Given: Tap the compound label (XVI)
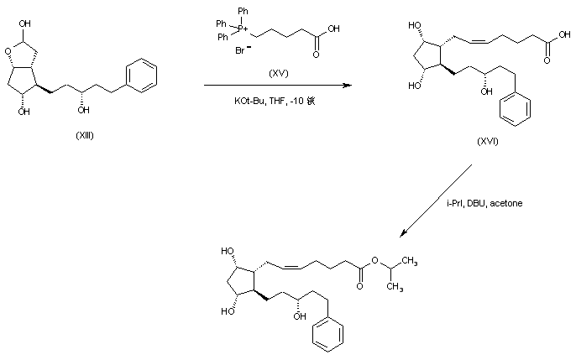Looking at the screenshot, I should point(487,140).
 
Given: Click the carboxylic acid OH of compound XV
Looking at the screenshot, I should point(335,28).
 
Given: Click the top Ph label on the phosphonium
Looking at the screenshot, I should point(243,10).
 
